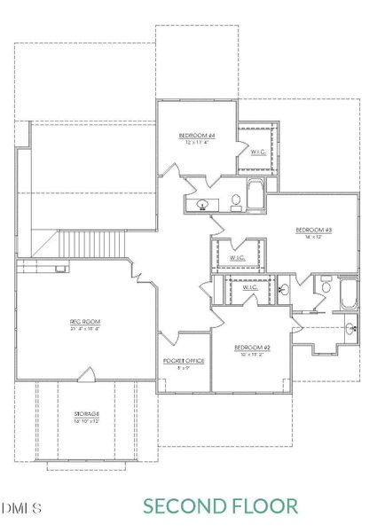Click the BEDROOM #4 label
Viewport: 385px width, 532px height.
[x=196, y=135]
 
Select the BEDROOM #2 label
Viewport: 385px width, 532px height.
[x=252, y=347]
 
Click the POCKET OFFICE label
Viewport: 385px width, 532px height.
[x=183, y=361]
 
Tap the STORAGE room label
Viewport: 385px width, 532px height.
[x=86, y=415]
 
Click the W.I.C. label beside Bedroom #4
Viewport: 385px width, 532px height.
[x=258, y=151]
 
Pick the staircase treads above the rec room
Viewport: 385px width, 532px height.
[x=93, y=242]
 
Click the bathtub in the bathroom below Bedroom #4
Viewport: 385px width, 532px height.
[x=255, y=195]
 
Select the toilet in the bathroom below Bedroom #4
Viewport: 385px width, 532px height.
[x=236, y=201]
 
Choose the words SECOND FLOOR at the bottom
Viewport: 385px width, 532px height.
[x=221, y=506]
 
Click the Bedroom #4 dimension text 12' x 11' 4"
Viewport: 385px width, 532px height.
[x=197, y=142]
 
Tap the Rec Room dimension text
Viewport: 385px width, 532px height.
[x=82, y=328]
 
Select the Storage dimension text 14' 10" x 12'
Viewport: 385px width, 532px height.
[x=86, y=422]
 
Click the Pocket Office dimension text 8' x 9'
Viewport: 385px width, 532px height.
[x=183, y=368]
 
